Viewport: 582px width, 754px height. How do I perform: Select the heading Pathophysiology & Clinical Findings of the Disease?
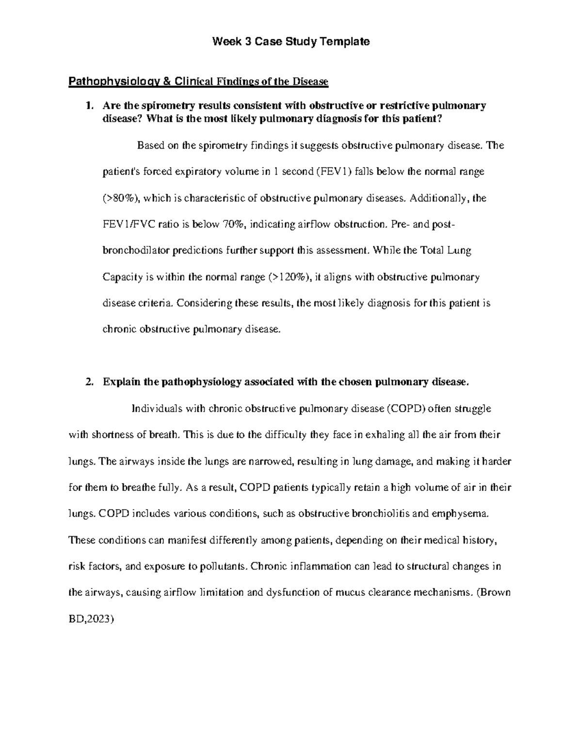pos(198,82)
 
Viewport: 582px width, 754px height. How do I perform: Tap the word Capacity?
pos(121,277)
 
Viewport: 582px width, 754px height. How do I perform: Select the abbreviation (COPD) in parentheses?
pos(406,408)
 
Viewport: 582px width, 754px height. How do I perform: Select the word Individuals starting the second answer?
pos(155,408)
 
